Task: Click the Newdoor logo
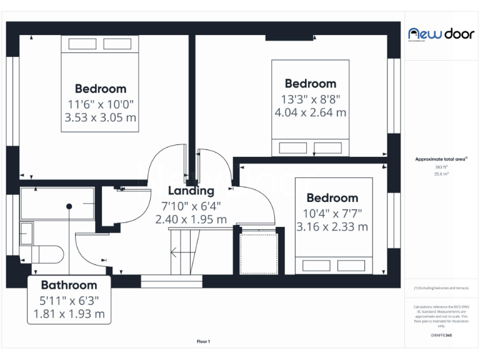441,34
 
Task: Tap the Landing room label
191,191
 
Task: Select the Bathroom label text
69,284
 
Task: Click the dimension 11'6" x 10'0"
101,104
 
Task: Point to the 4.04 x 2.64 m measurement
310,112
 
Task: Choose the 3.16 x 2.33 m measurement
332,227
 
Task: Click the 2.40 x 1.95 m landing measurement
191,219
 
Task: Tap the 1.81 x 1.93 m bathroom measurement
69,314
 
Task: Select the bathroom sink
26,233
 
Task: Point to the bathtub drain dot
69,206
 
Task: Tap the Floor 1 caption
203,341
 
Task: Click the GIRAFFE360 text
441,336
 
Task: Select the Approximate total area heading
441,159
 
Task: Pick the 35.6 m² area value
441,174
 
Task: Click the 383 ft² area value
441,167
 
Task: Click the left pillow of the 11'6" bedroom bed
82,44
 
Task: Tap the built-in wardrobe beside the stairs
258,252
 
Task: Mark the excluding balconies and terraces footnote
441,288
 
